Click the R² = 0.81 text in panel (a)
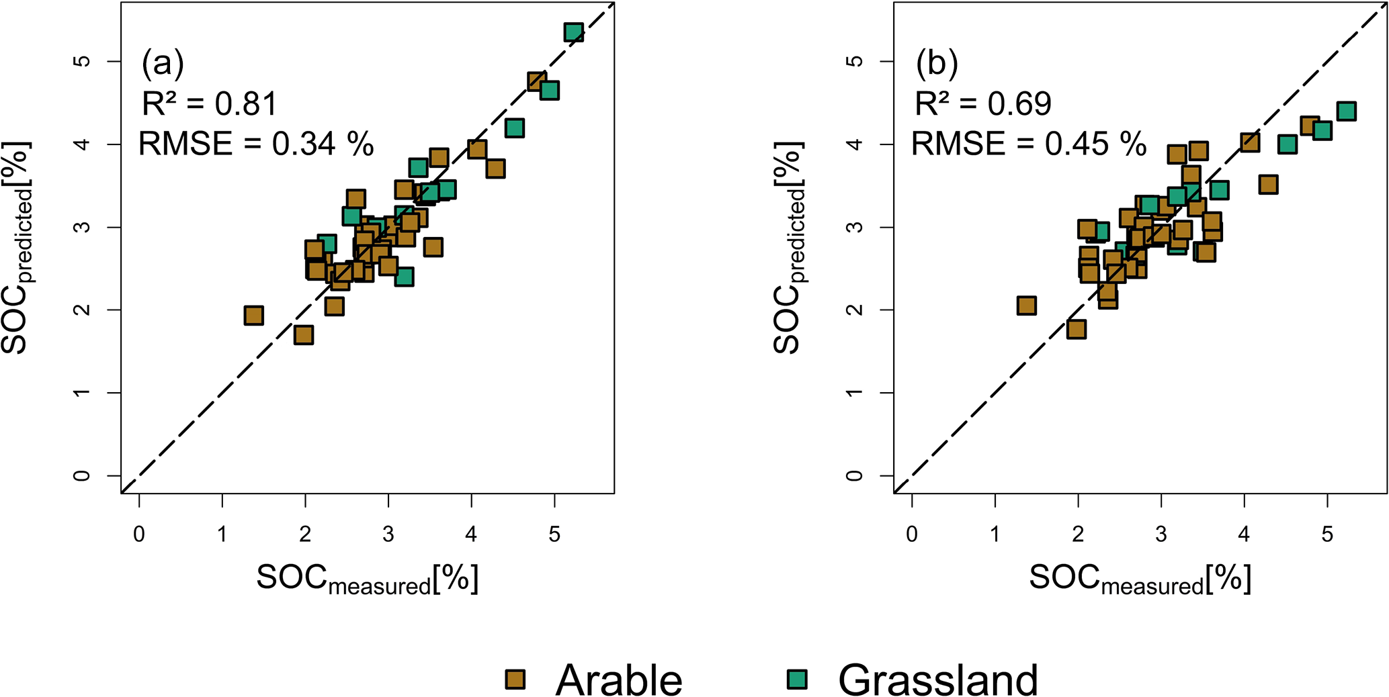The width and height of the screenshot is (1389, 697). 209,104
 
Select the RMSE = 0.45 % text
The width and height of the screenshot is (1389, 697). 1028,144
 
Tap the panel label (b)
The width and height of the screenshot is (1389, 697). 937,64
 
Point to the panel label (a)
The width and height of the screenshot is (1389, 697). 163,64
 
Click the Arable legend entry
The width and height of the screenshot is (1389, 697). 594,680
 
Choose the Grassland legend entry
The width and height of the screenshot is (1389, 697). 914,680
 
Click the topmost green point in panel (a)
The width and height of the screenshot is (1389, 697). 573,32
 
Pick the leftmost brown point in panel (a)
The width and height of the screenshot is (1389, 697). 253,316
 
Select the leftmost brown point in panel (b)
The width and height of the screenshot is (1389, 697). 1026,306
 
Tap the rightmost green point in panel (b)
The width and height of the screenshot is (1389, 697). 1346,111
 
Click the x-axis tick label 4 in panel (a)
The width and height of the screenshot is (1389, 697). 471,535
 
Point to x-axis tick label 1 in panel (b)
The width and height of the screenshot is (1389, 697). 995,535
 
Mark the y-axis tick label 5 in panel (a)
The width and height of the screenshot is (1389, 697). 82,61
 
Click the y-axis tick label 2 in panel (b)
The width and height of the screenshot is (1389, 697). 855,310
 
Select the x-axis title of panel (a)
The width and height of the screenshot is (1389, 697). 368,579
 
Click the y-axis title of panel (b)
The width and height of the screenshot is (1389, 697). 788,247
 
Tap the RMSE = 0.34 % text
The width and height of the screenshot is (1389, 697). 255,144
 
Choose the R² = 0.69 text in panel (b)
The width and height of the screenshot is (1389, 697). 982,104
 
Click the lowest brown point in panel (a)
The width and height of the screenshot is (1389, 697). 303,334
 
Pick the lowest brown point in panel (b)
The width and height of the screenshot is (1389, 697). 1076,329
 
